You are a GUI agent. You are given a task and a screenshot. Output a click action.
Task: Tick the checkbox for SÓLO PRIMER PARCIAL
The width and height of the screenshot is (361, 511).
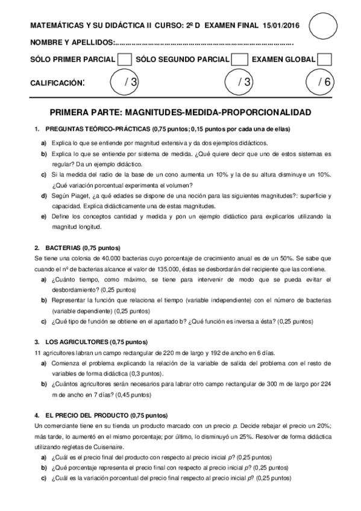125,60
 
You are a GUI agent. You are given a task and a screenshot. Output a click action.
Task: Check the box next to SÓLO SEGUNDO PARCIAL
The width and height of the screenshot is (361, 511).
239,60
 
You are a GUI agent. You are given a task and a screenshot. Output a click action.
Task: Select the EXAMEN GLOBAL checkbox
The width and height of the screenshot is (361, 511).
324,60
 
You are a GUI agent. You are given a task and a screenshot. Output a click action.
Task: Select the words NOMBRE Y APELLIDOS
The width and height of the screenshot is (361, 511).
72,43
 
